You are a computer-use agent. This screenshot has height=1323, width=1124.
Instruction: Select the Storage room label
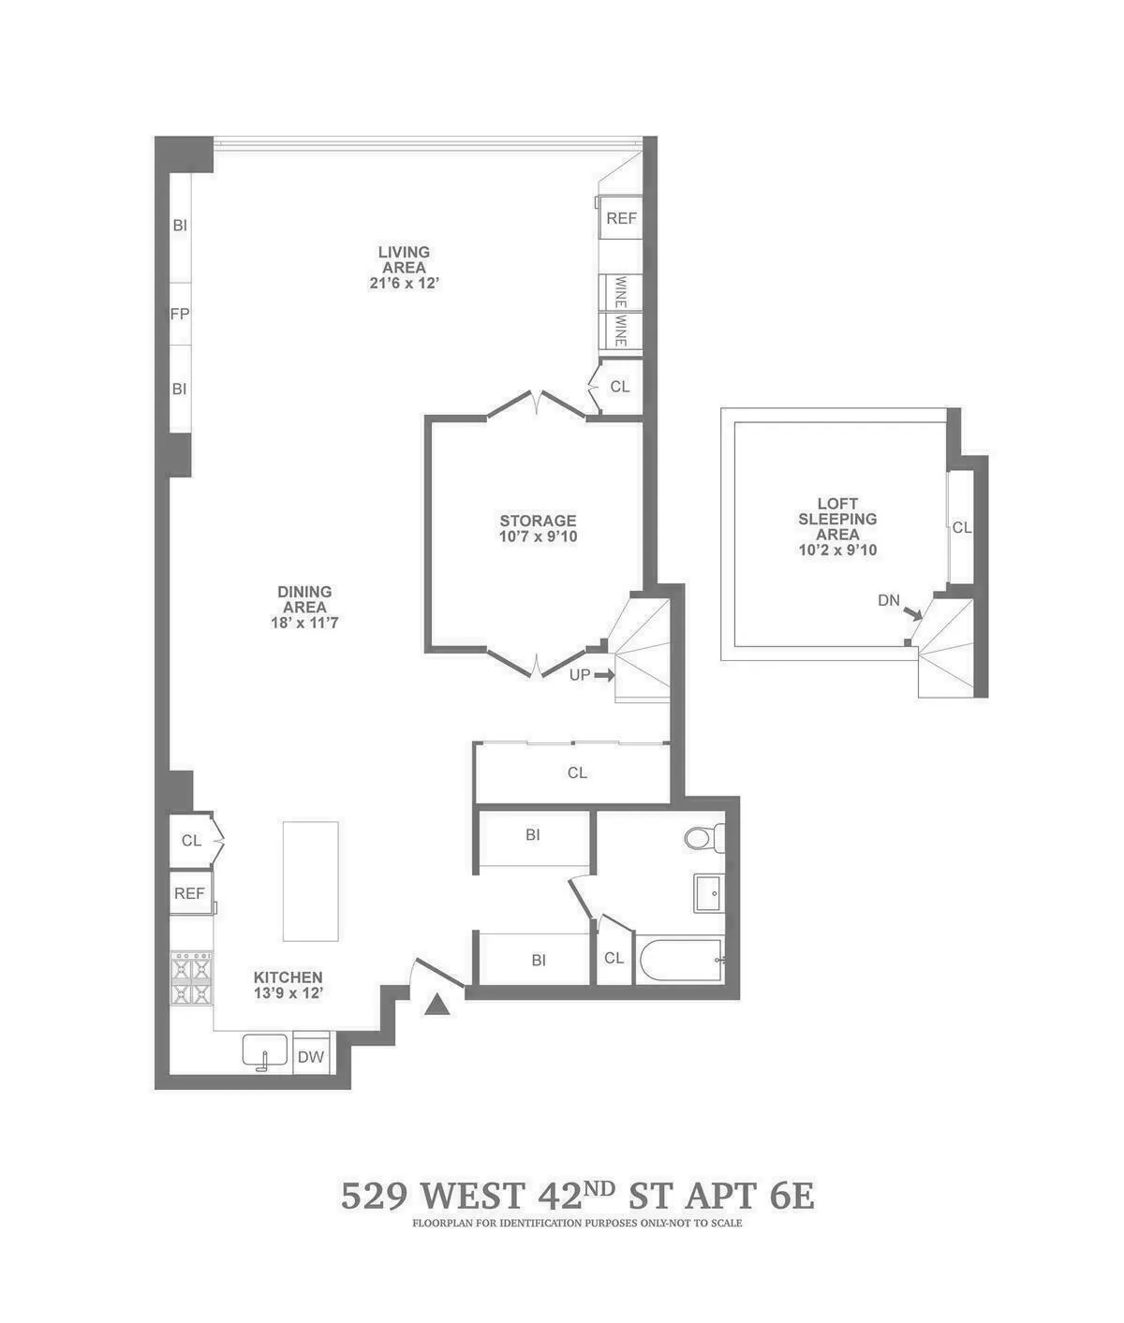coord(537,521)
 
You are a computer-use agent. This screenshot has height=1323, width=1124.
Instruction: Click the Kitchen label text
coord(288,977)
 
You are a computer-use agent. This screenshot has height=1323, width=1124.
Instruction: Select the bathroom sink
coord(708,892)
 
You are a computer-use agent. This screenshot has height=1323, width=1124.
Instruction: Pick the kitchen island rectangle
coord(311,881)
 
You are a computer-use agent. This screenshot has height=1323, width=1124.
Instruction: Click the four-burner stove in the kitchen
coord(192,979)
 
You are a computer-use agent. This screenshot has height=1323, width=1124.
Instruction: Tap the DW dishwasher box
coord(311,1057)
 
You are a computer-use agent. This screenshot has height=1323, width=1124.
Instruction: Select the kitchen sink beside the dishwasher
coord(266,1051)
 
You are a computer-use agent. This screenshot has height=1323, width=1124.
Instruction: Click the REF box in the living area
coord(620,218)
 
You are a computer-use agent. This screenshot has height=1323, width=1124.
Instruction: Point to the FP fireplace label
coord(179,315)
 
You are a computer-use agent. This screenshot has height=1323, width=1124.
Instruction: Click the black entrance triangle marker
coord(437,1005)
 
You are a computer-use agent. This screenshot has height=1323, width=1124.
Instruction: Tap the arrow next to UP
coord(603,674)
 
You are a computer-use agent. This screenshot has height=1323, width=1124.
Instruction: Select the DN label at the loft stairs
coord(888,600)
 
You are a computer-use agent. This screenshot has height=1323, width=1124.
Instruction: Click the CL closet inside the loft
coord(961,527)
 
